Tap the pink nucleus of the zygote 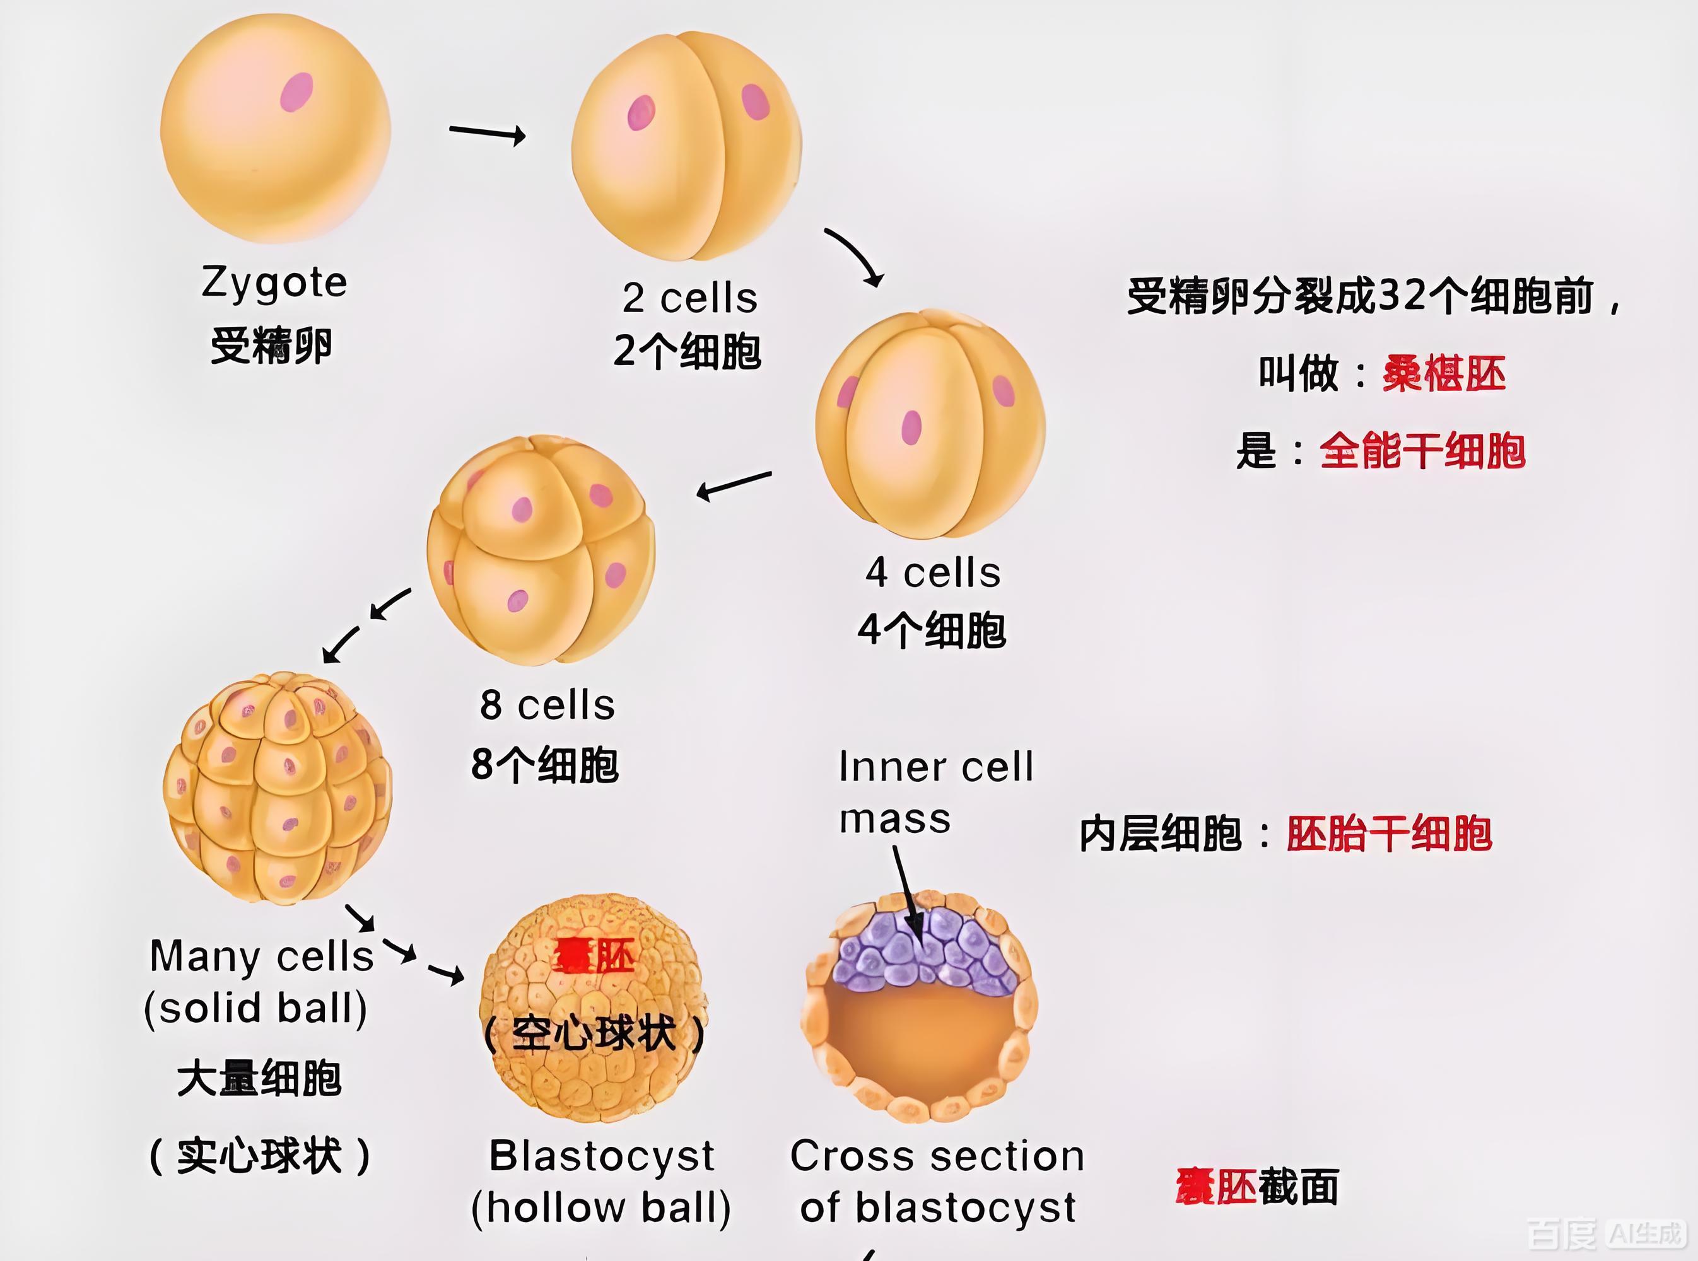click(296, 92)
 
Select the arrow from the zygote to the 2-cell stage click(487, 133)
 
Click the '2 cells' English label click(689, 298)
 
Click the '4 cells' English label click(933, 572)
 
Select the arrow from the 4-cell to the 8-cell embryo click(734, 485)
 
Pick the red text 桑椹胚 click(1444, 374)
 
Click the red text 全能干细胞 click(1422, 450)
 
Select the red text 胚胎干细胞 click(1389, 833)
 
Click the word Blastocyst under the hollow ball click(602, 1156)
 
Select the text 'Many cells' click(261, 956)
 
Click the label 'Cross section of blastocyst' click(937, 1182)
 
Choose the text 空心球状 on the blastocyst click(594, 1034)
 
